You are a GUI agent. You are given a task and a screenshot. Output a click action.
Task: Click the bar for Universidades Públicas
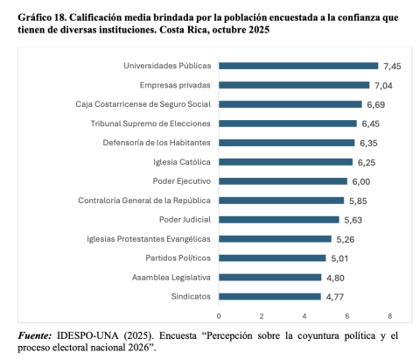pyautogui.click(x=297, y=66)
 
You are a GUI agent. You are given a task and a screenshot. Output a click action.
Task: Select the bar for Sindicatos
pyautogui.click(x=269, y=296)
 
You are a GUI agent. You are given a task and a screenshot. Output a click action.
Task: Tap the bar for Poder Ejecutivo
pyautogui.click(x=283, y=181)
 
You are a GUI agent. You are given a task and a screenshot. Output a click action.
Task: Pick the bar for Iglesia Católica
pyautogui.click(x=285, y=162)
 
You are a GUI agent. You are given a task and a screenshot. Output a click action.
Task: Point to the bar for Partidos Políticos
pyautogui.click(x=272, y=258)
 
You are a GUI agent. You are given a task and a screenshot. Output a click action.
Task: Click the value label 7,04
pyautogui.click(x=383, y=85)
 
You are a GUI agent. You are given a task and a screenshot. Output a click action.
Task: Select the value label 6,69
pyautogui.click(x=375, y=104)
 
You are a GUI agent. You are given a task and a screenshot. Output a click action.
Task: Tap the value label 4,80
pyautogui.click(x=335, y=277)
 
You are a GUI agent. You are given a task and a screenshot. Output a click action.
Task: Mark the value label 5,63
pyautogui.click(x=353, y=219)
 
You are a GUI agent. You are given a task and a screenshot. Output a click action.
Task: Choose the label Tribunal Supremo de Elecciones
pyautogui.click(x=150, y=124)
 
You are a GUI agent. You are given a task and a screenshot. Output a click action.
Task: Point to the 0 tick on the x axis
pyautogui.click(x=219, y=314)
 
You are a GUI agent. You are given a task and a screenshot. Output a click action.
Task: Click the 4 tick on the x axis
pyautogui.click(x=304, y=314)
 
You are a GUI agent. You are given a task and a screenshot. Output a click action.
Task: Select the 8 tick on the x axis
pyautogui.click(x=390, y=314)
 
